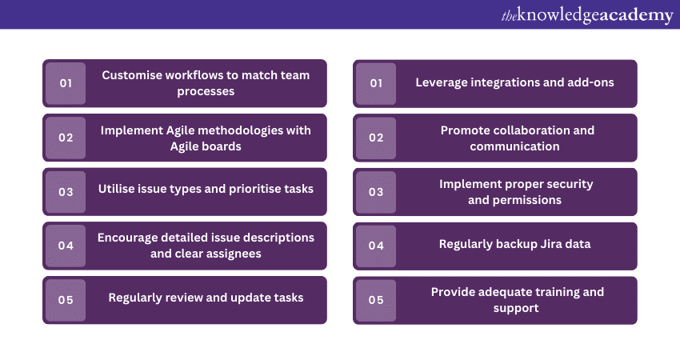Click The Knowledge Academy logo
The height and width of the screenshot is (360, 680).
pyautogui.click(x=587, y=15)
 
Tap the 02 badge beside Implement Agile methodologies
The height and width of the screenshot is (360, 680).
pyautogui.click(x=66, y=138)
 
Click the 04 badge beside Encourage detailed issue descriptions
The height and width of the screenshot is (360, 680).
pyautogui.click(x=66, y=246)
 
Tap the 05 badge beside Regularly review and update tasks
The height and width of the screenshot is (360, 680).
pyautogui.click(x=66, y=300)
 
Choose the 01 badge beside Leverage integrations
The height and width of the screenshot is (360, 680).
pyautogui.click(x=376, y=83)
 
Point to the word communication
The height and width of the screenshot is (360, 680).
pyautogui.click(x=514, y=146)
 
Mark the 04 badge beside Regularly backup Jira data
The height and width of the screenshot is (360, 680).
pyautogui.click(x=376, y=246)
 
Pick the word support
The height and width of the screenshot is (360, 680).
pyautogui.click(x=516, y=308)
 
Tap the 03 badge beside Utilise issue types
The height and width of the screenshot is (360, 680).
pyautogui.click(x=66, y=192)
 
